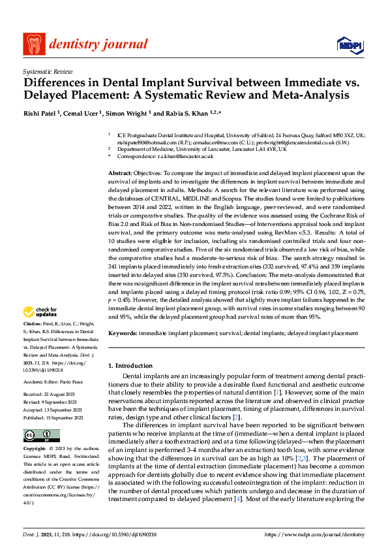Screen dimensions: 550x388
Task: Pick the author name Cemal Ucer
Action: (x=83, y=114)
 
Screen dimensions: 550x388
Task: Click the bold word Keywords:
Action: (x=123, y=332)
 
